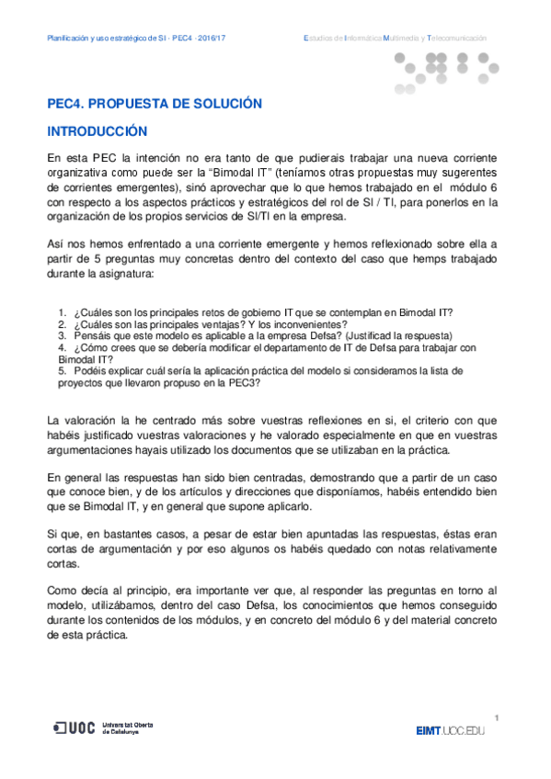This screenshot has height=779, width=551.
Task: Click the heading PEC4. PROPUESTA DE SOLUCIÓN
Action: tap(155, 104)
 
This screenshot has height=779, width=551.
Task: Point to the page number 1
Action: tap(496, 717)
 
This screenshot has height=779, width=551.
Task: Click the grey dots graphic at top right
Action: tap(446, 72)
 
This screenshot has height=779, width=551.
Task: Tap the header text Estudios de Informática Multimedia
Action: tap(395, 38)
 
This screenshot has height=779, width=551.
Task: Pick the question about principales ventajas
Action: tap(202, 325)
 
